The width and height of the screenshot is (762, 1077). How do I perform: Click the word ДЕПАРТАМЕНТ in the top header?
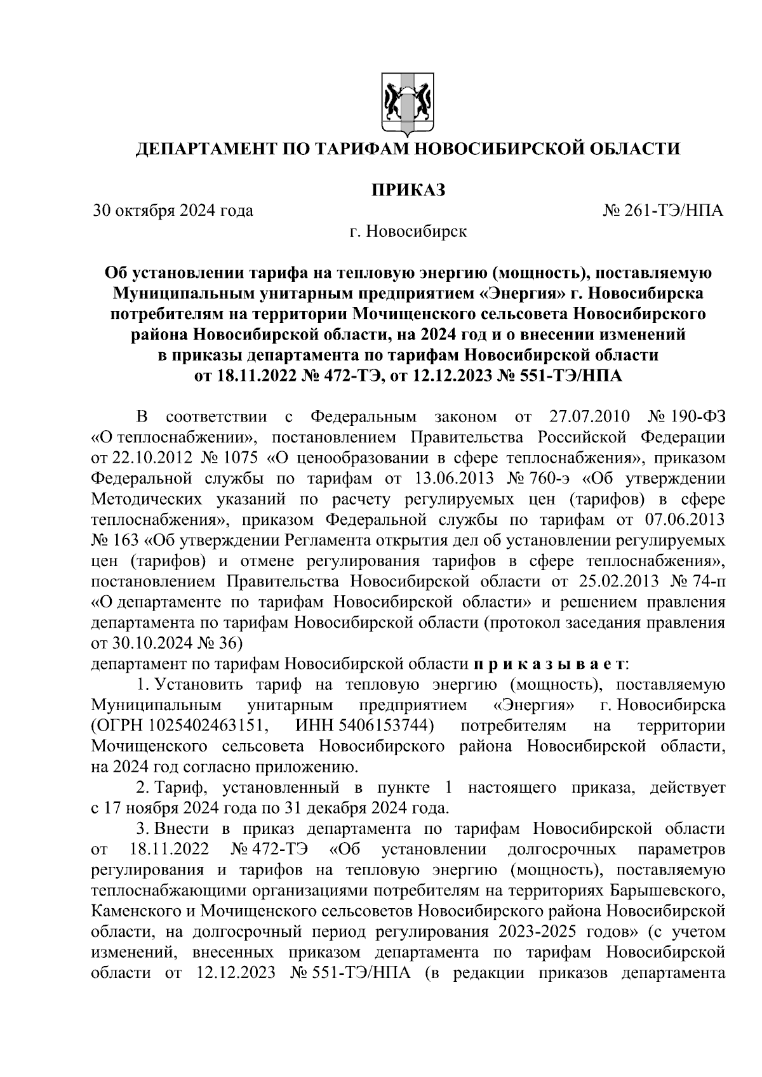click(205, 149)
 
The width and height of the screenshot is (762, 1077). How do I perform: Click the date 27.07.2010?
click(587, 417)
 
